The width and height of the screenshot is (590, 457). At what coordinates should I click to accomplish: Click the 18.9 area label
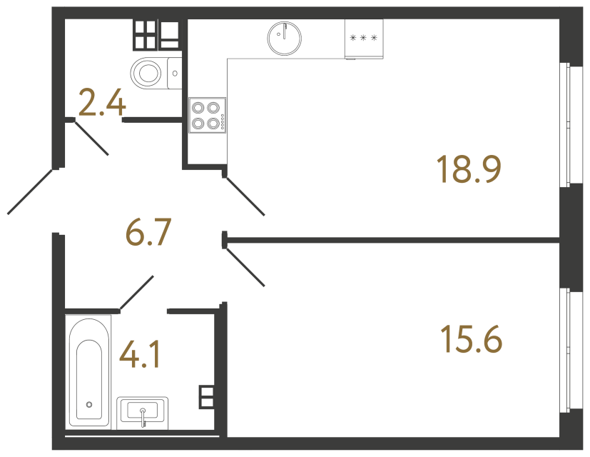[469, 169]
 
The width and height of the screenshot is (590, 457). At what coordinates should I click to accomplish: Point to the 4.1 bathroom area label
[140, 355]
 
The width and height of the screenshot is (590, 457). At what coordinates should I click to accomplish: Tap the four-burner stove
[208, 116]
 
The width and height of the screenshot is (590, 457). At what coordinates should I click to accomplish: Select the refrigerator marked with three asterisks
[364, 38]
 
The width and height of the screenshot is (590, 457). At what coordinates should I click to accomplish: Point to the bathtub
[89, 371]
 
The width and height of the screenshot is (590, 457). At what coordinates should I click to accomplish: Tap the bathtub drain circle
[89, 404]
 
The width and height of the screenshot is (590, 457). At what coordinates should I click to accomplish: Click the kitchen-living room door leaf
[245, 195]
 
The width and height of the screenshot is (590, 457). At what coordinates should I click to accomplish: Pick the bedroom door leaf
[245, 267]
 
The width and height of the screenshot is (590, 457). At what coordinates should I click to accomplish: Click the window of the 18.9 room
[569, 125]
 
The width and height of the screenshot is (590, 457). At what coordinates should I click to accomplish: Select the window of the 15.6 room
[569, 350]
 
